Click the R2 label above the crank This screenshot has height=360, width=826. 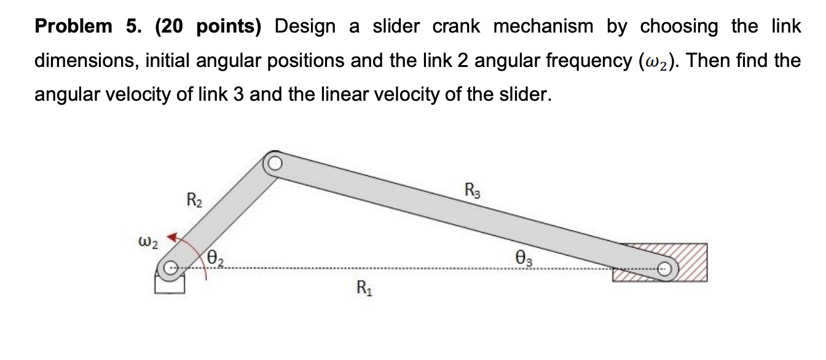[194, 200]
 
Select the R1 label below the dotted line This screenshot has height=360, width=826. [363, 287]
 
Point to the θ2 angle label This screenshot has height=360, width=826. [214, 258]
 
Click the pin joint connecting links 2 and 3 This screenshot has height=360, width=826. [273, 163]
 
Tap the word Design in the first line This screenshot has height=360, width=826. [305, 26]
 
